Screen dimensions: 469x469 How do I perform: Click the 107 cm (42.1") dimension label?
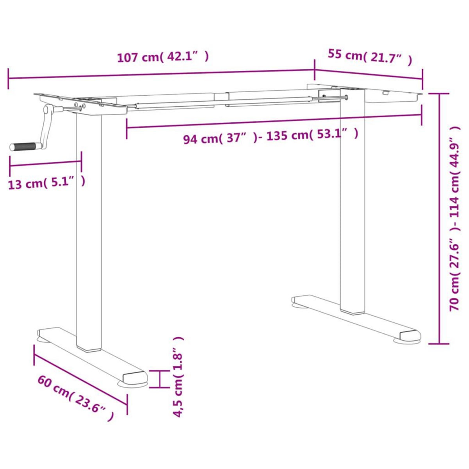pyautogui.click(x=163, y=57)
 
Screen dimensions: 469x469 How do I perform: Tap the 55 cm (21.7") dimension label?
pyautogui.click(x=369, y=57)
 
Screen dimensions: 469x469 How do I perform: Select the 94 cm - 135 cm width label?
pyautogui.click(x=270, y=136)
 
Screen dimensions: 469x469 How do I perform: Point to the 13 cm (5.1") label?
pyautogui.click(x=46, y=183)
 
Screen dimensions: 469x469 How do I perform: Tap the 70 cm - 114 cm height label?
pyautogui.click(x=455, y=219)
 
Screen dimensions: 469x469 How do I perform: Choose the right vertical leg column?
pyautogui.click(x=353, y=203)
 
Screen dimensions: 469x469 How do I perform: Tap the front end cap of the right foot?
pyautogui.click(x=410, y=335)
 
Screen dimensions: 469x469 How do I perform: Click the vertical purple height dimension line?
pyautogui.click(x=440, y=219)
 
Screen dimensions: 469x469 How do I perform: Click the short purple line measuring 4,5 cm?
pyautogui.click(x=159, y=379)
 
